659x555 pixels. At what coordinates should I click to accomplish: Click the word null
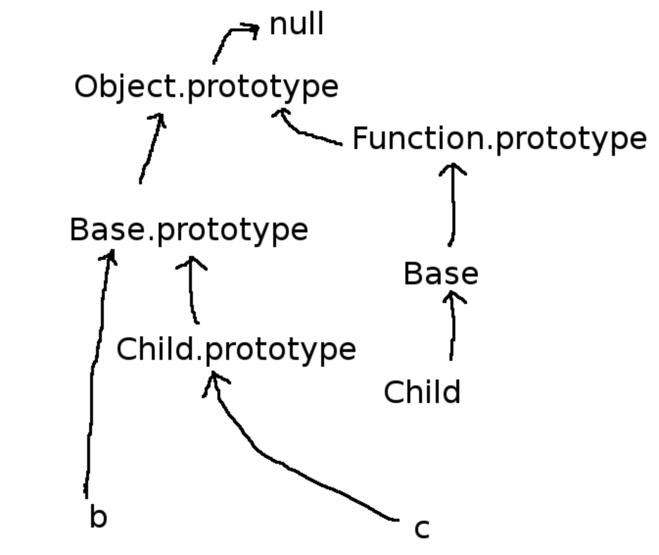pyautogui.click(x=297, y=24)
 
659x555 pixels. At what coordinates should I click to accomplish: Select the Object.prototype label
pyautogui.click(x=206, y=87)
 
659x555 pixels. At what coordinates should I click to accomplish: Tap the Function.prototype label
pyautogui.click(x=499, y=139)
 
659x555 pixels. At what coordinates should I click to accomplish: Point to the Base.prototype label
pyautogui.click(x=189, y=230)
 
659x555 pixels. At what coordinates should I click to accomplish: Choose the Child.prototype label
pyautogui.click(x=236, y=350)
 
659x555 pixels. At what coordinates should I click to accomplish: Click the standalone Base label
pyautogui.click(x=441, y=274)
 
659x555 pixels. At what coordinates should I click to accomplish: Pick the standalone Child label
pyautogui.click(x=422, y=392)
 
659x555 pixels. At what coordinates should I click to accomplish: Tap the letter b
pyautogui.click(x=98, y=517)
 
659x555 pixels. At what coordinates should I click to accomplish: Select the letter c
pyautogui.click(x=422, y=529)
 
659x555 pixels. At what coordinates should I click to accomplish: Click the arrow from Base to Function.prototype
pyautogui.click(x=453, y=206)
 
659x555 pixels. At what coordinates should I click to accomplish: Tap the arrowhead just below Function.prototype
pyautogui.click(x=453, y=169)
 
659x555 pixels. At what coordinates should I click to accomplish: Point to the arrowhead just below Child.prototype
pyautogui.click(x=214, y=380)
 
